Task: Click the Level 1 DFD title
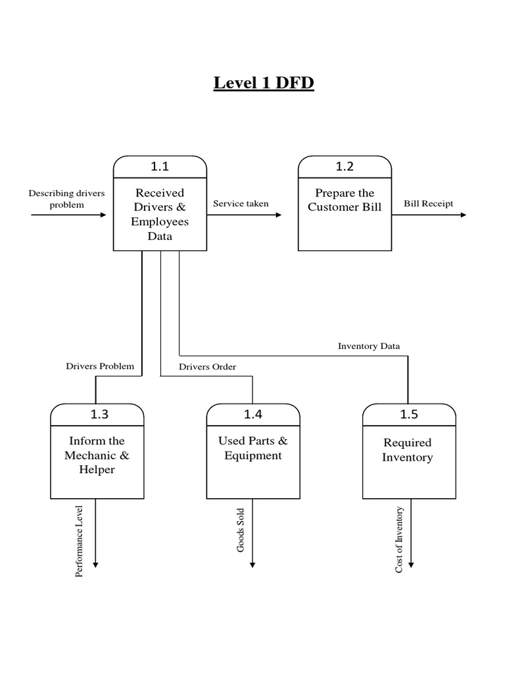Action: click(x=264, y=83)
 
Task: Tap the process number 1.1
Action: click(x=160, y=167)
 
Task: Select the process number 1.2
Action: click(x=345, y=167)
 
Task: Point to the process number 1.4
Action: click(x=253, y=415)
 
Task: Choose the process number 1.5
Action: click(x=409, y=415)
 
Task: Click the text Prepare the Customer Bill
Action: click(x=345, y=200)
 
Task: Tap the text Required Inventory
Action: click(x=408, y=450)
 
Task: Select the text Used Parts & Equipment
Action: click(x=253, y=448)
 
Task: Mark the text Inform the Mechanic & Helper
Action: click(x=97, y=455)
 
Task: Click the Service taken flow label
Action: click(x=241, y=204)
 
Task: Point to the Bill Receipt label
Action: click(x=429, y=204)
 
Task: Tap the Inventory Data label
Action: click(x=369, y=346)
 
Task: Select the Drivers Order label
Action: click(x=208, y=367)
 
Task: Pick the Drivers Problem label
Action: click(x=100, y=366)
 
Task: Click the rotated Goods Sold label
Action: click(x=241, y=530)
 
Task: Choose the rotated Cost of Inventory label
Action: click(x=399, y=539)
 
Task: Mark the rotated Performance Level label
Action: click(x=80, y=541)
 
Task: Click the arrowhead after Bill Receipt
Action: click(x=463, y=215)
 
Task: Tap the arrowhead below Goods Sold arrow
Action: click(x=252, y=564)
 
